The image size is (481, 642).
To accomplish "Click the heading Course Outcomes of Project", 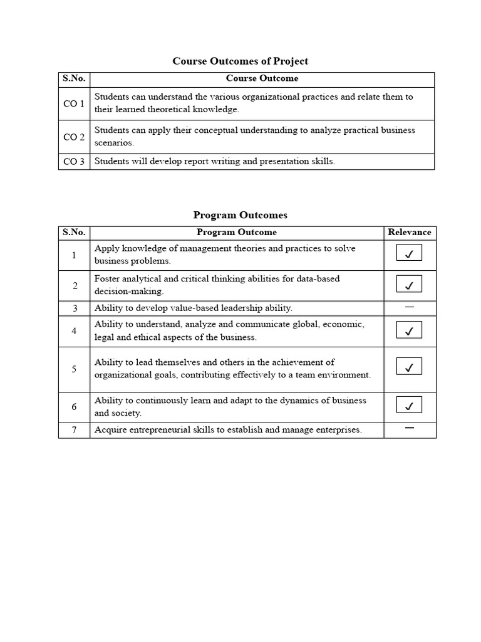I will (240, 61).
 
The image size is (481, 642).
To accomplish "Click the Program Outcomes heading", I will (240, 215).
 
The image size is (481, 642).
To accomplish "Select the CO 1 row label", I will (74, 103).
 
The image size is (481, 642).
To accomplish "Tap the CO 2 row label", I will (74, 137).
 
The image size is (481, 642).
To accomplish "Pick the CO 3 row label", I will (74, 161).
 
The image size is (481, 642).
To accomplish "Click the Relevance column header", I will (410, 232).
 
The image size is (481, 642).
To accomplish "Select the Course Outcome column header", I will (262, 78).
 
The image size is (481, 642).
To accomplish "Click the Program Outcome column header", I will (237, 232).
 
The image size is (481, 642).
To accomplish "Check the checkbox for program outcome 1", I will (409, 254).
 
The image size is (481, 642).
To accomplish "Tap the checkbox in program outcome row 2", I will (409, 285).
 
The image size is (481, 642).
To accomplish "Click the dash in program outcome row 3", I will (410, 307).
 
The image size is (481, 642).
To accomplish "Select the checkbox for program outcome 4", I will (409, 330).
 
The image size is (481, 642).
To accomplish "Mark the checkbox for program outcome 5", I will (409, 367).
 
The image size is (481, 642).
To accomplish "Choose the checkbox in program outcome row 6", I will (409, 406).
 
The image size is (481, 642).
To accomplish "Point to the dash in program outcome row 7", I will (410, 428).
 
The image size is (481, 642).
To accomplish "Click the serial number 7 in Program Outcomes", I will (74, 430).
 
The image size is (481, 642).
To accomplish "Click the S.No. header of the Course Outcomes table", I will (74, 78).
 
